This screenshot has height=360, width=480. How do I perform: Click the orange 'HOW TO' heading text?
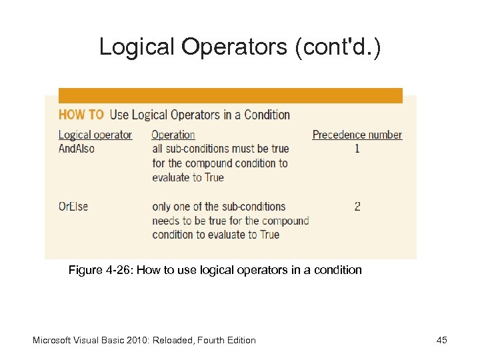click(81, 115)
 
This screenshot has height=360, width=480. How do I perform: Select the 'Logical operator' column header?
click(95, 135)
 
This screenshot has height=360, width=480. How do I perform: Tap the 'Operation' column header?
click(173, 135)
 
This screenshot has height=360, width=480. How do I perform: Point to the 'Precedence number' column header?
click(357, 135)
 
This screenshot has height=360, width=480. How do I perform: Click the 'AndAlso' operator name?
click(77, 149)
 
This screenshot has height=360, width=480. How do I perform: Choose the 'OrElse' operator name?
click(73, 206)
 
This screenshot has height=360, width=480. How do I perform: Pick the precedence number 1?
click(357, 149)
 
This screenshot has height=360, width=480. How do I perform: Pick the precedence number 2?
click(357, 206)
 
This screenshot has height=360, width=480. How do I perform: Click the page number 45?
click(441, 340)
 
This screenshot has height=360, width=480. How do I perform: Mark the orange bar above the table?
click(231, 95)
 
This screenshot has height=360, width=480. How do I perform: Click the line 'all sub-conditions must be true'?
click(221, 149)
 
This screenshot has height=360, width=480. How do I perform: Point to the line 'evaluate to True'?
click(188, 177)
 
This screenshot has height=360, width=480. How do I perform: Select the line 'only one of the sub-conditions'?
click(219, 206)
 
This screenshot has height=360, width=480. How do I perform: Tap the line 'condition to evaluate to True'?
click(216, 235)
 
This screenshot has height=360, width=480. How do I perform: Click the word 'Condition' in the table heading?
click(267, 115)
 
